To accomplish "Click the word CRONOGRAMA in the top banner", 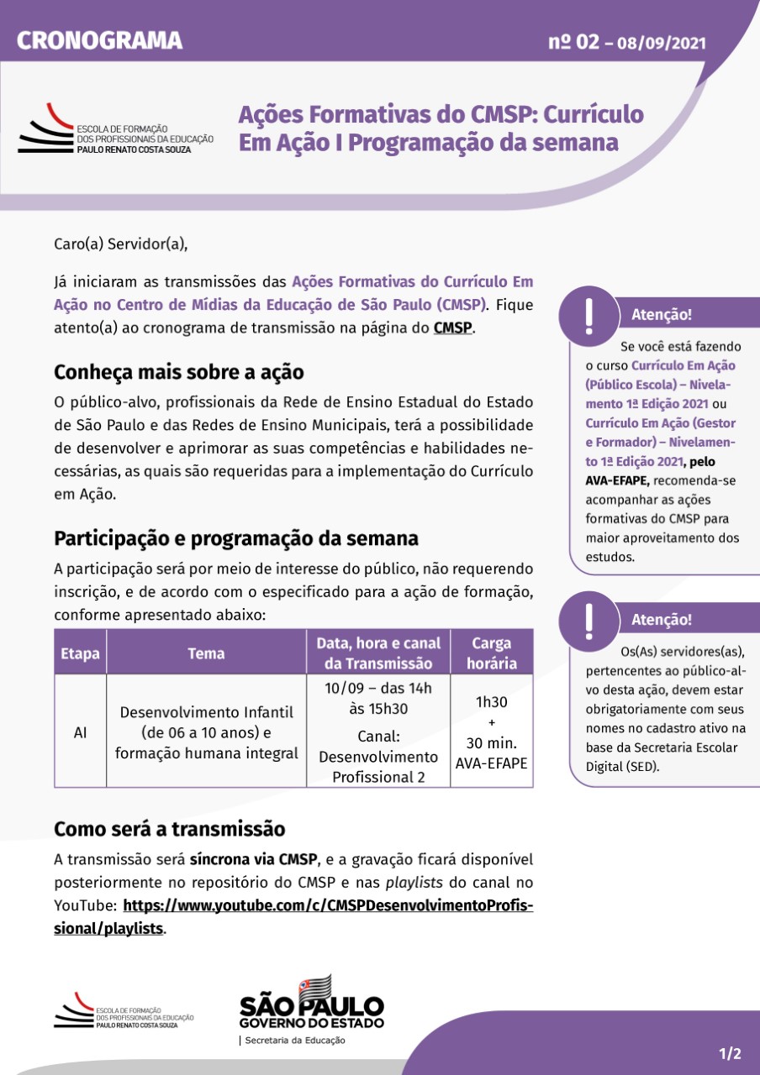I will pos(99,39).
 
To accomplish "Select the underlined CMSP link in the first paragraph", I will pos(453,328).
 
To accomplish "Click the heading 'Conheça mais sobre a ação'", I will pos(178,371).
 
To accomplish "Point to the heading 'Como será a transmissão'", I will pos(170,829).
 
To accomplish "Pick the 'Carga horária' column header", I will pos(492,653).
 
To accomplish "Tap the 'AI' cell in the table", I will pos(80,732).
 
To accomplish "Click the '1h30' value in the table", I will pos(492,702).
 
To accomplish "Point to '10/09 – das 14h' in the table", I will pos(378,688).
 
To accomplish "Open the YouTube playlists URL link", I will pos(328,906).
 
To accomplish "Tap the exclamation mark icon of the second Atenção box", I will pos(588,619).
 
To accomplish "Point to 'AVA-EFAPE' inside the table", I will pos(492,763).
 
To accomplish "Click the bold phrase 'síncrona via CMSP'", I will pos(253,859).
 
